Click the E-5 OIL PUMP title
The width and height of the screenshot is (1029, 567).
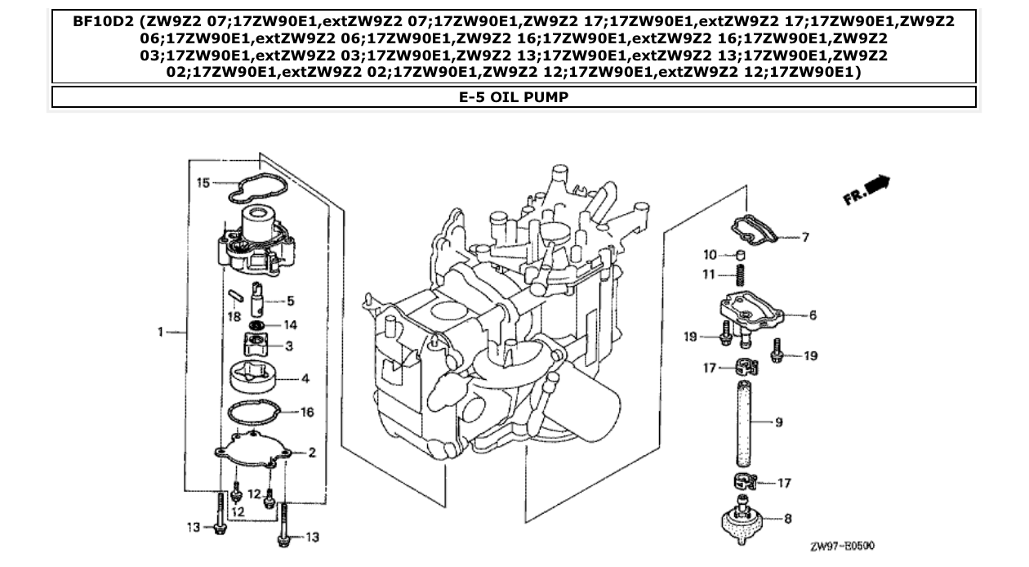(x=514, y=97)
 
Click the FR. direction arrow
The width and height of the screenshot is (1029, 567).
(x=866, y=190)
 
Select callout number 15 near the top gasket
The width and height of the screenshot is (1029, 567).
(x=203, y=183)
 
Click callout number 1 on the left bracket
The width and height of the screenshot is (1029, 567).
(x=161, y=332)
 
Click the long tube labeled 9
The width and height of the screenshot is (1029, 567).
(x=742, y=422)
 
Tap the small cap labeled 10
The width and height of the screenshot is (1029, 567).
(x=741, y=254)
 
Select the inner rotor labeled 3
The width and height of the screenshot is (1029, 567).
(x=257, y=346)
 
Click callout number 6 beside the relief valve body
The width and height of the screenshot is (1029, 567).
(x=813, y=315)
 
